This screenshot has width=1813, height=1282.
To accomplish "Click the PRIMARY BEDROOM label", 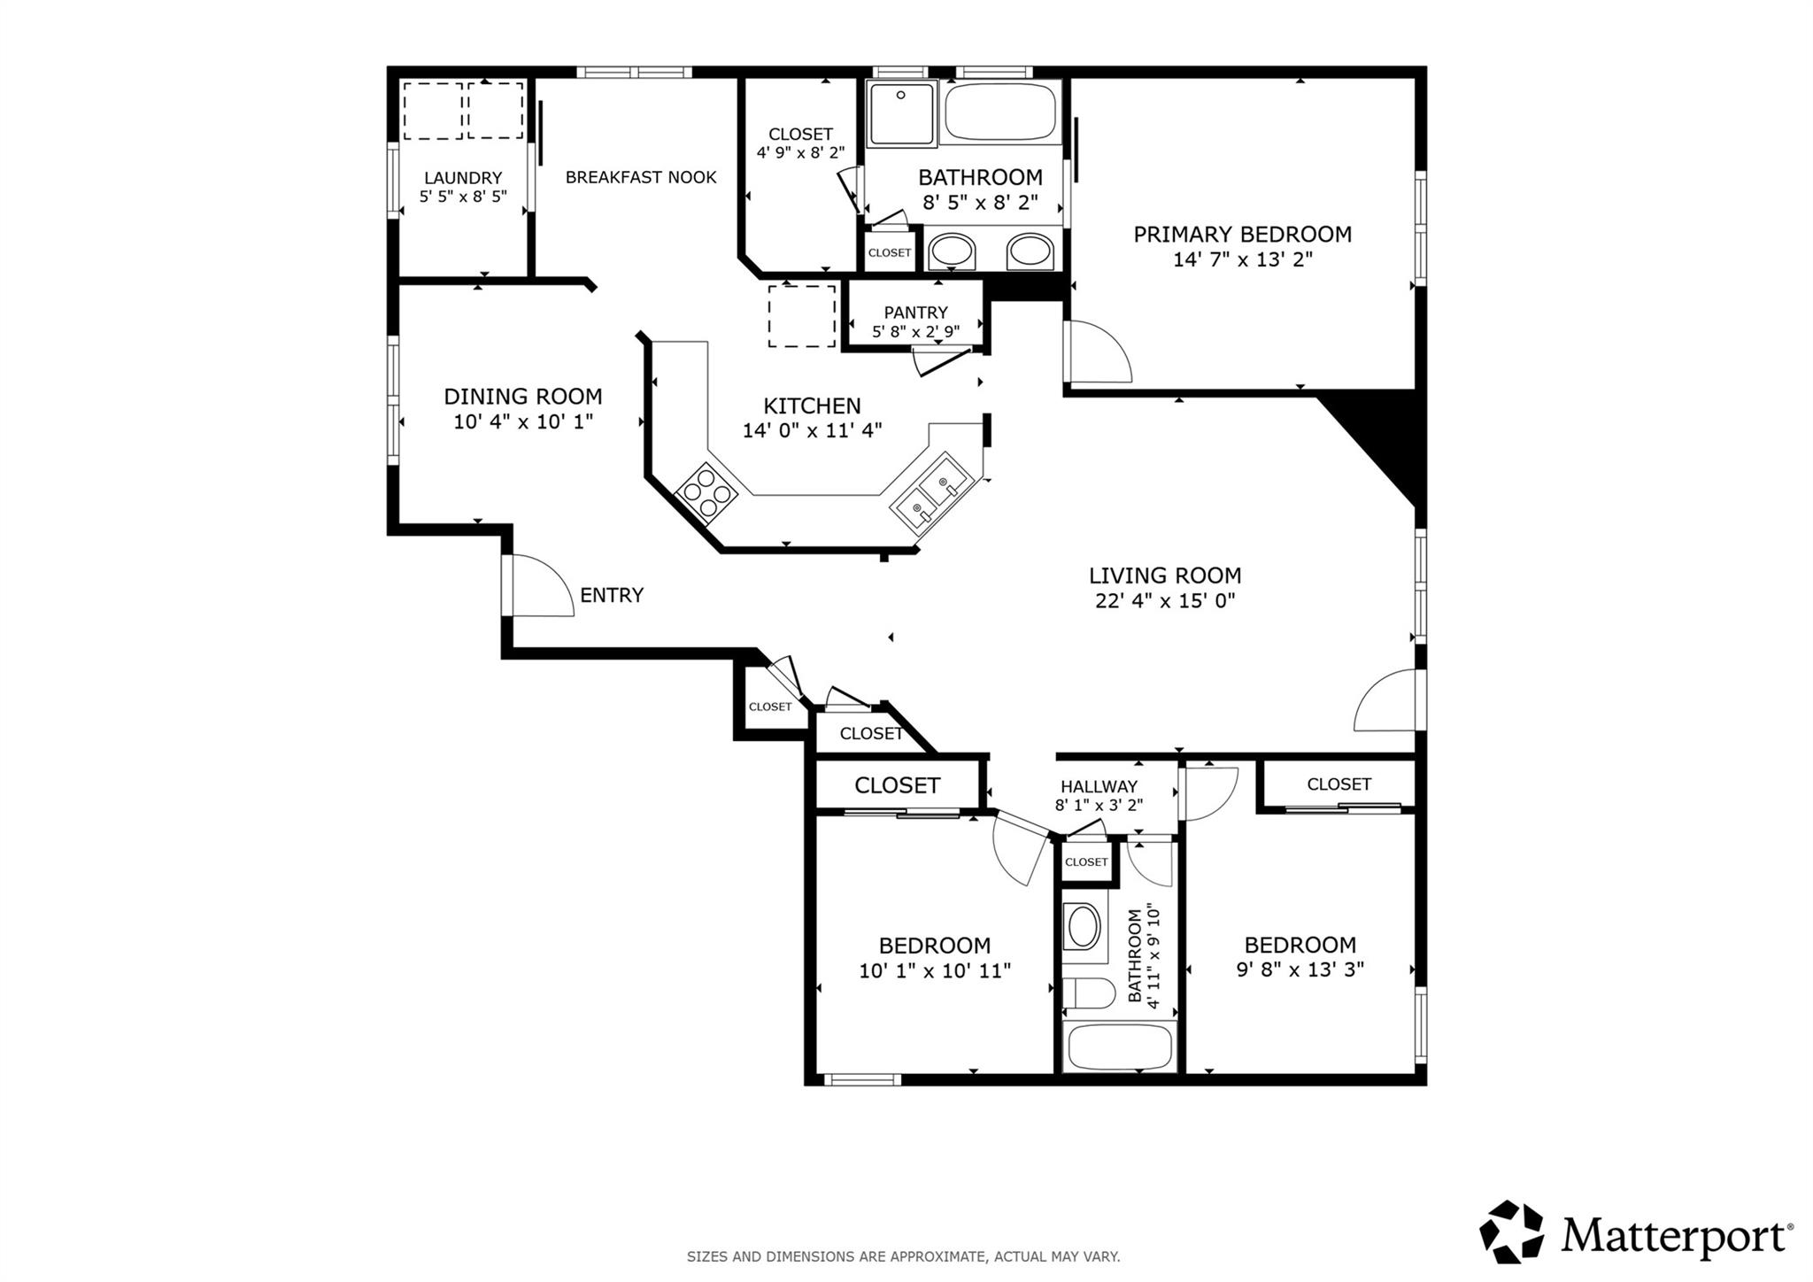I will pos(1242,235).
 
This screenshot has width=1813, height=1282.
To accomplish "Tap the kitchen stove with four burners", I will pos(706,491).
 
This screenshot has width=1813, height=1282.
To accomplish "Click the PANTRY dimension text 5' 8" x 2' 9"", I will pos(915,332).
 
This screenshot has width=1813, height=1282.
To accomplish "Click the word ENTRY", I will pos(611,596).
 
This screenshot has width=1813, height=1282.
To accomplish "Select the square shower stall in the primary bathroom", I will pos(901,113).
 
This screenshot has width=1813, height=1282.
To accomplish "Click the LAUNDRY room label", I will pos(462,178).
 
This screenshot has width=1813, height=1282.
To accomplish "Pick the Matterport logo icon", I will pos(1511,1232).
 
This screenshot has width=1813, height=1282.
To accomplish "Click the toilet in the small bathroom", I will pos(1088,993).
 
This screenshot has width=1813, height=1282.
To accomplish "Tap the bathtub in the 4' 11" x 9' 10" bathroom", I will pos(1120,1047).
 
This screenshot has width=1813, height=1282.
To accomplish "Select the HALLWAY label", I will pos(1099,786).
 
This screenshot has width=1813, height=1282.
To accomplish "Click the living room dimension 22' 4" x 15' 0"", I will pos(1165,601).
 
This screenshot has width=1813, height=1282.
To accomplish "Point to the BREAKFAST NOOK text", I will pos(641,177).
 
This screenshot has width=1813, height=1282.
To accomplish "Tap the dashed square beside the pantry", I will pos(801,316).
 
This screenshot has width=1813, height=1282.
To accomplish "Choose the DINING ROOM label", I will pos(522,397).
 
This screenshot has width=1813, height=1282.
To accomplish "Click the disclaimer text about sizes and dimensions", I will pos(903,1256).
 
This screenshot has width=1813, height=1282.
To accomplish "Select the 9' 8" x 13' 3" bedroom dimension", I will pos(1300,969).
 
